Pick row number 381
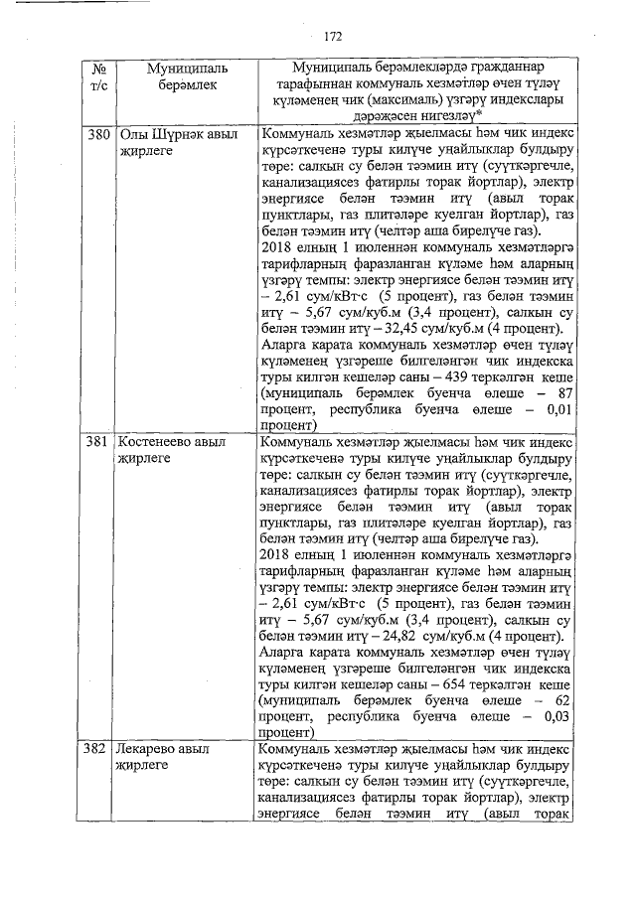[97, 440]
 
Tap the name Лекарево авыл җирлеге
[170, 756]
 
